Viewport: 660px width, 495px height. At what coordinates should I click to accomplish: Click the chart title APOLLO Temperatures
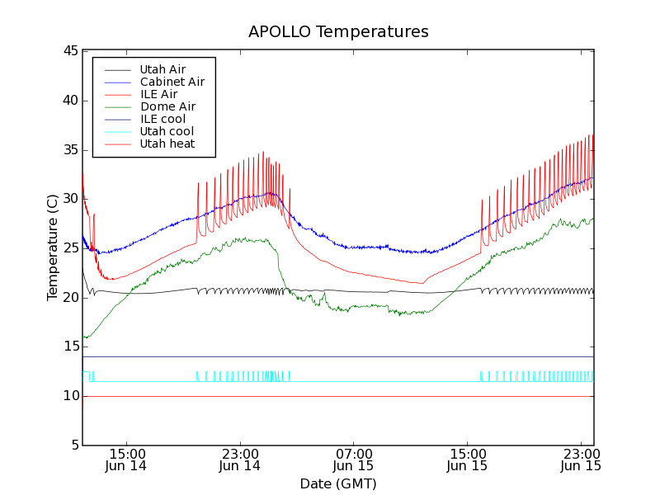(x=338, y=32)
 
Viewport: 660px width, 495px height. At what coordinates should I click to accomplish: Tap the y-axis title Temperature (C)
(x=52, y=247)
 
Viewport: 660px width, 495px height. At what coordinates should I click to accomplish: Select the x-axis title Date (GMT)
(x=338, y=483)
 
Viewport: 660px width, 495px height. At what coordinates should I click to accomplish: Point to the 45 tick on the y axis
(x=69, y=51)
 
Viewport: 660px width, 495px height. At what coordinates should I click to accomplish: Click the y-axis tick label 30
(x=69, y=199)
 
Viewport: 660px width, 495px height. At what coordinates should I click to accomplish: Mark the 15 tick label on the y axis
(x=69, y=346)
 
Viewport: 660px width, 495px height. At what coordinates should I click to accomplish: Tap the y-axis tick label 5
(x=73, y=445)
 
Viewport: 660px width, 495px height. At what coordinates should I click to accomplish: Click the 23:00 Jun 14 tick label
(x=240, y=460)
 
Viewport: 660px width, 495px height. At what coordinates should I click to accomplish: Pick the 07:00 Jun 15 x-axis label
(x=354, y=460)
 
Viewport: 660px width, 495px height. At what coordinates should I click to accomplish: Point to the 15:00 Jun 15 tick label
(x=468, y=460)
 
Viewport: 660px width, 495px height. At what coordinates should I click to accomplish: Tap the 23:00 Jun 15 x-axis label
(x=581, y=460)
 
